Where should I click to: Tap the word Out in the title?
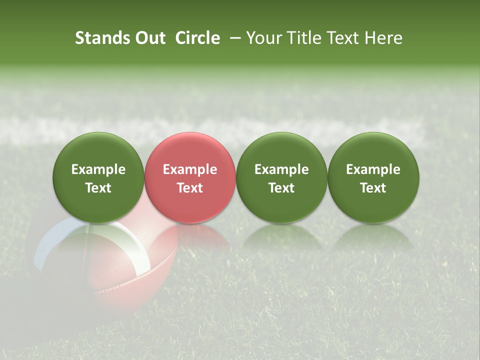[149, 38]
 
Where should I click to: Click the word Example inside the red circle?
[190, 169]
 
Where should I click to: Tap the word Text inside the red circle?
[190, 188]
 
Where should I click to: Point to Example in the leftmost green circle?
[98, 169]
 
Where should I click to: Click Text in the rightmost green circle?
[373, 188]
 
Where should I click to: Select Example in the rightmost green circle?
[373, 169]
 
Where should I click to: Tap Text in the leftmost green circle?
[98, 188]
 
